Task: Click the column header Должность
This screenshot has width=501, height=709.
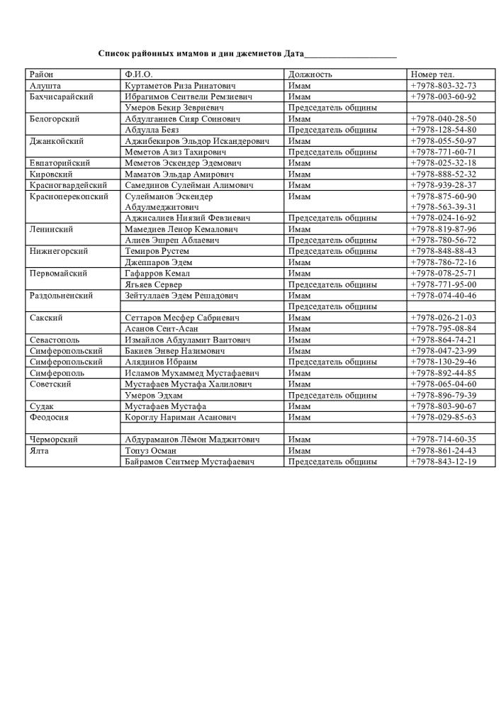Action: pos(310,74)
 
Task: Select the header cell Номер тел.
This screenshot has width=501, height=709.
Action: pos(432,74)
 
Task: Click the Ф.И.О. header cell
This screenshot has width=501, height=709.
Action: pos(138,74)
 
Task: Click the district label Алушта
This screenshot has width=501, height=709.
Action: pos(45,86)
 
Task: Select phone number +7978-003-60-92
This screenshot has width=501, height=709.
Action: pos(443,96)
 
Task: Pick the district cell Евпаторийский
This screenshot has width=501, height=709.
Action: pos(60,163)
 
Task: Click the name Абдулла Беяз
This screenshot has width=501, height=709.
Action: pos(152,130)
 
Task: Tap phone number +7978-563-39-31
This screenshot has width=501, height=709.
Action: pos(443,207)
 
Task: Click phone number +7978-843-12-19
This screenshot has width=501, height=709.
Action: pos(443,462)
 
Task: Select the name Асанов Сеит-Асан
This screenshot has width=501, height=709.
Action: pos(162,329)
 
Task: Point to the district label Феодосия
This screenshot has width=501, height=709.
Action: pos(50,418)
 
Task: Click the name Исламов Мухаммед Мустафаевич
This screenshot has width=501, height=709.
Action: pos(191,373)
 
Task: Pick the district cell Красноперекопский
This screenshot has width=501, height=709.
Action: pos(69,196)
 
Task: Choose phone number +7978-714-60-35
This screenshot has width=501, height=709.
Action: pos(443,440)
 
